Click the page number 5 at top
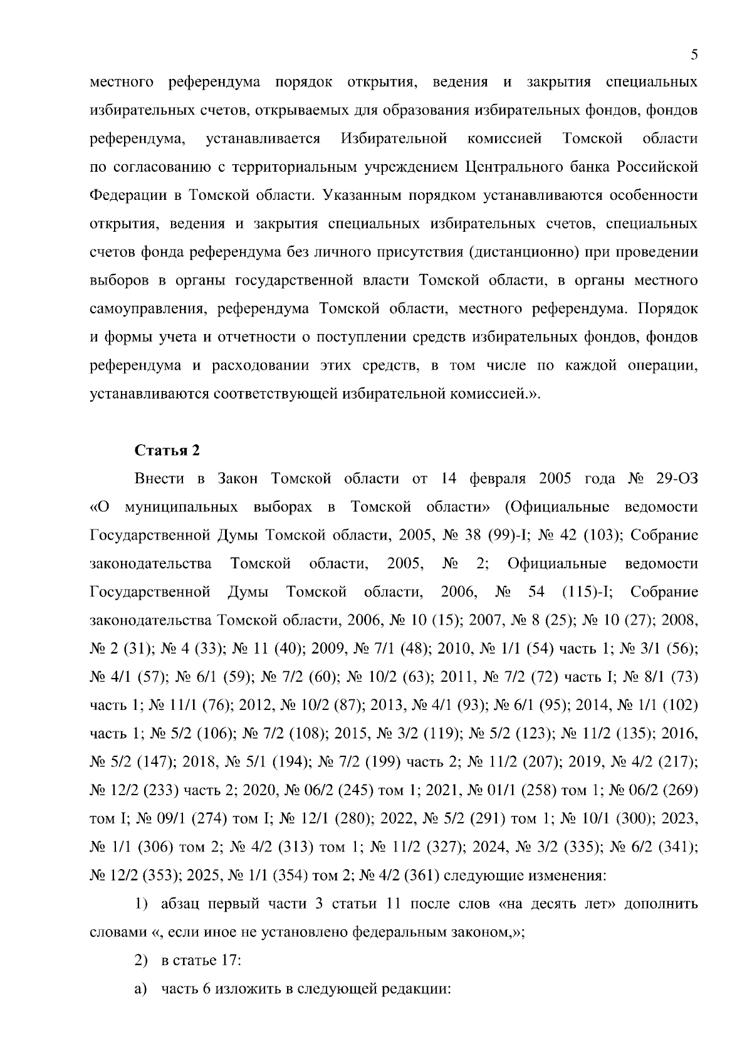[694, 55]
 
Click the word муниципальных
[181, 507]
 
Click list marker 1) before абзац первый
[141, 904]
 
